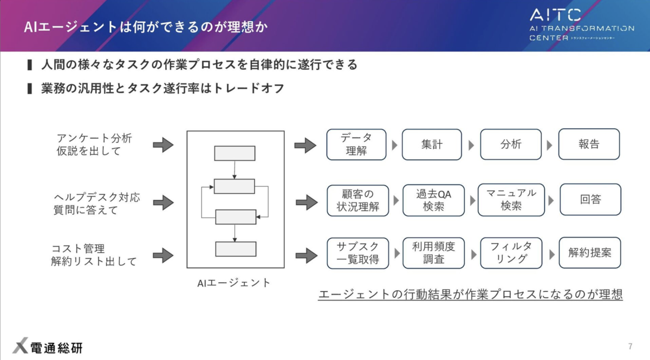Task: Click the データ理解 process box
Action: coord(356,145)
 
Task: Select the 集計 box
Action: coord(432,145)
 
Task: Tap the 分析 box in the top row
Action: coord(510,145)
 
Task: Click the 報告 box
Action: coord(589,145)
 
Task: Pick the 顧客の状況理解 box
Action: coord(357,200)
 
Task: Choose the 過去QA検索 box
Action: coord(433,200)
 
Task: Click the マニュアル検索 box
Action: coord(511,200)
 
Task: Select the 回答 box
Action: coord(590,200)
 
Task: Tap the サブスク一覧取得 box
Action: coord(357,253)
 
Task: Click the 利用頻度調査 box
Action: coord(433,253)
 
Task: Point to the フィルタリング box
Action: coord(511,253)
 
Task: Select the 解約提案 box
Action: coord(590,253)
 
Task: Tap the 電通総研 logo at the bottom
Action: coord(48,347)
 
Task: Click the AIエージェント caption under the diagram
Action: coord(234,283)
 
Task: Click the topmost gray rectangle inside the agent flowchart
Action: coord(235,153)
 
